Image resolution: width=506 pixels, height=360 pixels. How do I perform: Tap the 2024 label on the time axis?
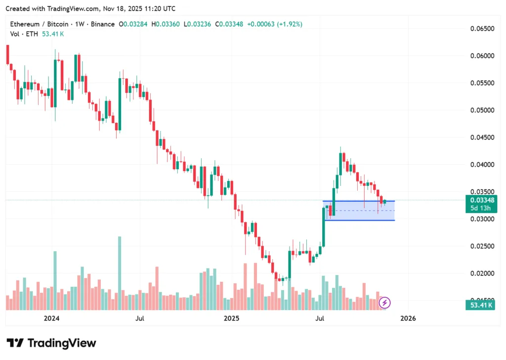tap(51, 318)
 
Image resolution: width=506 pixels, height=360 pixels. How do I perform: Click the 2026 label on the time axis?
tap(408, 318)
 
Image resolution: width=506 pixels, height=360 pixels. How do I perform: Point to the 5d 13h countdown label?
tap(479, 208)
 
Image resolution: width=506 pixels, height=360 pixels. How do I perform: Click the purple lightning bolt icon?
tap(385, 302)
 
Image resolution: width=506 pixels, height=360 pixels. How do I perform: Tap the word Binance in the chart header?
tap(102, 24)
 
